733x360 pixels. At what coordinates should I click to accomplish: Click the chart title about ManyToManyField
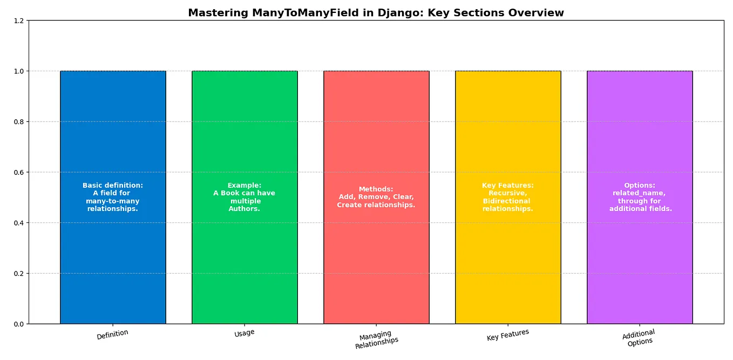click(376, 13)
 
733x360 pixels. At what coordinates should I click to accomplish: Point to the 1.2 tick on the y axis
click(18, 21)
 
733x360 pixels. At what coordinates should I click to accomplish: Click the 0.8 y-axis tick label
click(18, 122)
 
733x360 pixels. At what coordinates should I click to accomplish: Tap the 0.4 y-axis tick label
click(18, 223)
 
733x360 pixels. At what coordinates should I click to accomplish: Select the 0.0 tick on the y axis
click(18, 324)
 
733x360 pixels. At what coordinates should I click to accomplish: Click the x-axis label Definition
click(112, 335)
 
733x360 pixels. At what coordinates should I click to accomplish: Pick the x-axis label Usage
click(245, 334)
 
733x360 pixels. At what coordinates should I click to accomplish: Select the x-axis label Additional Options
click(639, 338)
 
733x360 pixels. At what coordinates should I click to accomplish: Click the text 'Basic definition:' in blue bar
click(112, 186)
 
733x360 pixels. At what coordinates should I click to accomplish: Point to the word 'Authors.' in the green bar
click(245, 209)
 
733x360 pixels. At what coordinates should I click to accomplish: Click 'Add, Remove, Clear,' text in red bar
click(376, 197)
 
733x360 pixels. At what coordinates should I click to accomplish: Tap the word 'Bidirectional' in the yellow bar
click(507, 201)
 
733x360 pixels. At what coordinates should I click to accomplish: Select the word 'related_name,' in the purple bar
click(639, 193)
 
